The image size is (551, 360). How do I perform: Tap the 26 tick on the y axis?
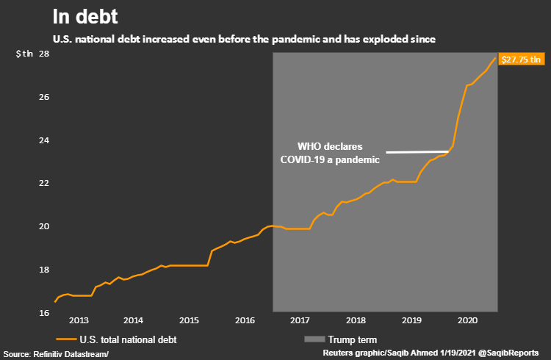click(44, 98)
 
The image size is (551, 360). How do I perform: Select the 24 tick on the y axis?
click(44, 140)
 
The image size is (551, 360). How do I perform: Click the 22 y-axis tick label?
click(44, 184)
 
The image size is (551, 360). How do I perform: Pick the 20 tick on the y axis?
click(44, 226)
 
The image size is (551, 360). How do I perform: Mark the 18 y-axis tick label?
click(44, 270)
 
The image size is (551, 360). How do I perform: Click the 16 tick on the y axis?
click(44, 312)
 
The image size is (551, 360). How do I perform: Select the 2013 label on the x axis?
click(79, 321)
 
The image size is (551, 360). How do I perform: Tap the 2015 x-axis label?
click(189, 321)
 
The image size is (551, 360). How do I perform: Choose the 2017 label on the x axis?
click(300, 321)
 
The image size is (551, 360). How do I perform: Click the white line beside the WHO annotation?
click(417, 151)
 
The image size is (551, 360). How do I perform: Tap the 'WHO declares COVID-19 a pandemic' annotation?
click(330, 153)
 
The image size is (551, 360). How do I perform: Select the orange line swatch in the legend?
click(66, 339)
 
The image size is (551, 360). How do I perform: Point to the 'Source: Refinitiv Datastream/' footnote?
click(55, 354)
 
